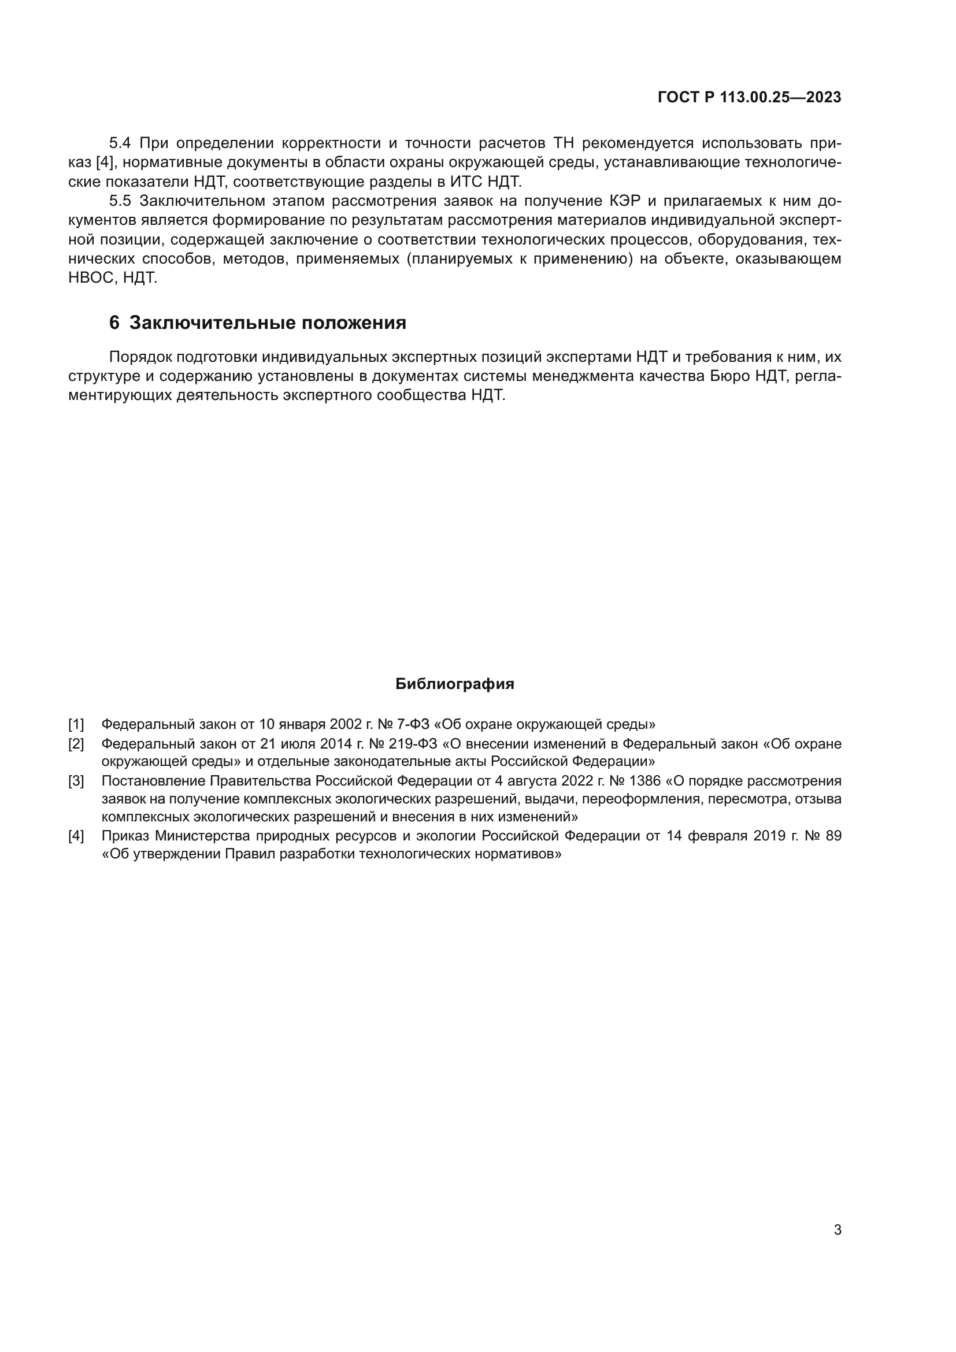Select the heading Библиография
454,684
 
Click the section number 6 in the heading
114,323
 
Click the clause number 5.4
120,143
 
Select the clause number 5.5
120,201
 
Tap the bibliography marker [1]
76,724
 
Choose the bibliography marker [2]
76,744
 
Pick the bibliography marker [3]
76,781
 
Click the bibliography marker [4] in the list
76,836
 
